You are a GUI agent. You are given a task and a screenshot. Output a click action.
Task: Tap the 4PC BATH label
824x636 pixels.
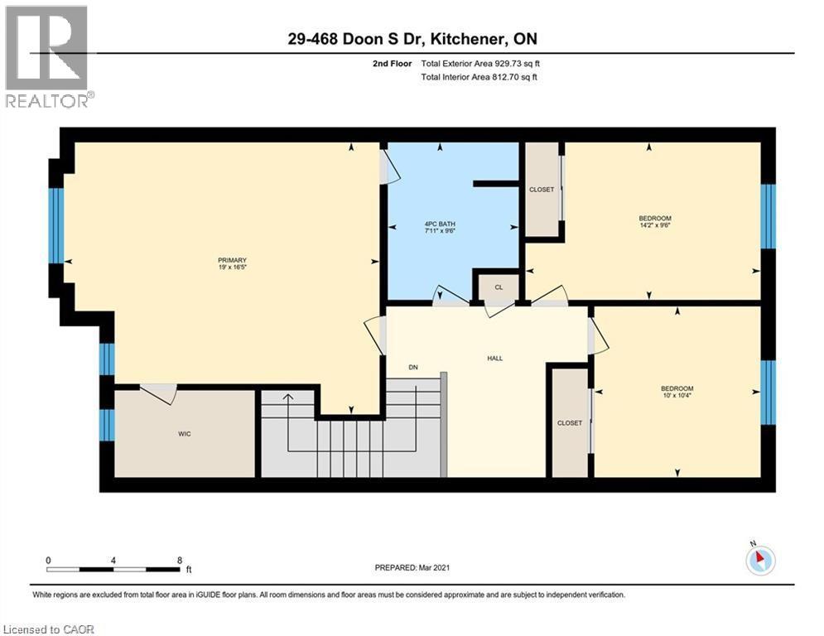click(x=436, y=224)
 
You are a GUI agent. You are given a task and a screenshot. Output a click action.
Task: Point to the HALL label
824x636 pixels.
click(x=494, y=359)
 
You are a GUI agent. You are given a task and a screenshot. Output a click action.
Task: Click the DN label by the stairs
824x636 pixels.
click(x=413, y=368)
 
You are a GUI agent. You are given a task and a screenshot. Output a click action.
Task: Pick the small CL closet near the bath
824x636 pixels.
click(x=499, y=287)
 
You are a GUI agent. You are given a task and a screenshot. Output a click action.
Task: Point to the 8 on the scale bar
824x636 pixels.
click(x=180, y=560)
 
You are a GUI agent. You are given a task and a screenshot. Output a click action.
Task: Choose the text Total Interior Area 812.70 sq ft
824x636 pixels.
click(x=479, y=77)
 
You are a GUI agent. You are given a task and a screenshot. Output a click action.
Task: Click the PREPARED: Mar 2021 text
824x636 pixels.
click(x=412, y=567)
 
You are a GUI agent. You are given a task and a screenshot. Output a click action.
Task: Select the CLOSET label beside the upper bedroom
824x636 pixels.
click(x=542, y=190)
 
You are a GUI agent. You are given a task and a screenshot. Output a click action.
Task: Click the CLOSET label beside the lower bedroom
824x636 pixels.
click(x=570, y=423)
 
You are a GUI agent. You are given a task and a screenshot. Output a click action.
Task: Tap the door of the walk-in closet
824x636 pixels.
click(x=158, y=393)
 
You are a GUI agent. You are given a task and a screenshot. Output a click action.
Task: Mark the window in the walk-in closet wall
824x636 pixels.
click(x=105, y=425)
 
